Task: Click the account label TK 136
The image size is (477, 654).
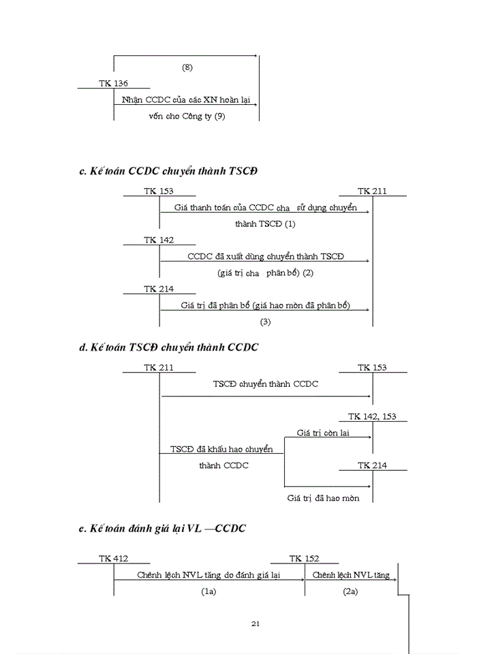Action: pyautogui.click(x=113, y=83)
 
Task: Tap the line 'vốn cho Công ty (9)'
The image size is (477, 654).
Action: pyautogui.click(x=186, y=116)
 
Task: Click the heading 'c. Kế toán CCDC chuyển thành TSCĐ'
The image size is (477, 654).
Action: pyautogui.click(x=168, y=170)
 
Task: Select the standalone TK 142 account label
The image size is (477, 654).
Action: pyautogui.click(x=159, y=240)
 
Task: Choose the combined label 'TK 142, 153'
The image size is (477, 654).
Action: pyautogui.click(x=372, y=416)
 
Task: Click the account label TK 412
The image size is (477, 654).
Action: pyautogui.click(x=113, y=559)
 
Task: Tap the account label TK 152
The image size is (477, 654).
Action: pyautogui.click(x=304, y=559)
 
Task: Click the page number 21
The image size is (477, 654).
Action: pyautogui.click(x=256, y=623)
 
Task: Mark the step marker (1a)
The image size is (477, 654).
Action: pyautogui.click(x=209, y=591)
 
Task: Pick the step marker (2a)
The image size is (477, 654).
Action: pyautogui.click(x=350, y=591)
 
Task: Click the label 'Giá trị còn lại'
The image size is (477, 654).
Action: pyautogui.click(x=322, y=433)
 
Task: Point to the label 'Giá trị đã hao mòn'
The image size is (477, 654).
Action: pyautogui.click(x=322, y=498)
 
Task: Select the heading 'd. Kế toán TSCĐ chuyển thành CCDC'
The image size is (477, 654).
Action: pyautogui.click(x=168, y=347)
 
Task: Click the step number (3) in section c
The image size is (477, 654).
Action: pyautogui.click(x=265, y=321)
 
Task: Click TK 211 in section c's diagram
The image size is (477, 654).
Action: pyautogui.click(x=372, y=191)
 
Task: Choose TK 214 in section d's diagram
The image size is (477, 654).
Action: pyautogui.click(x=372, y=465)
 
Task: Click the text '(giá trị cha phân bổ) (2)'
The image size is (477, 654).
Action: pyautogui.click(x=264, y=272)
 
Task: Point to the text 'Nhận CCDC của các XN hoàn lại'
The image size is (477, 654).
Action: pyautogui.click(x=186, y=99)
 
